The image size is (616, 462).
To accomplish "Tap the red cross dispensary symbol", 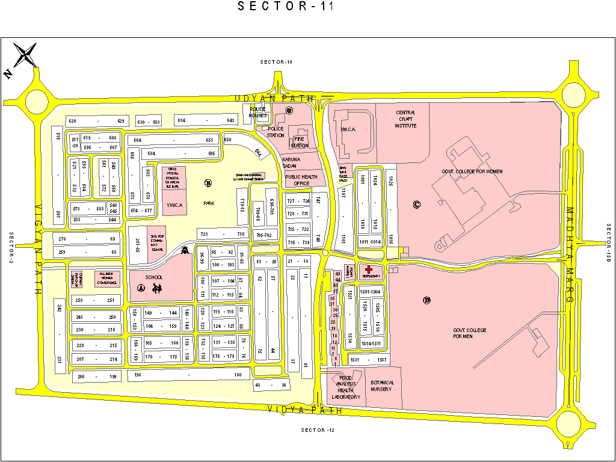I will click(x=368, y=270).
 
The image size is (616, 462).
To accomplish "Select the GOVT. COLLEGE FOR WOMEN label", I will click(x=472, y=171).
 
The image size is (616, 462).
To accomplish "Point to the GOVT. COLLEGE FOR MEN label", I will click(x=470, y=333).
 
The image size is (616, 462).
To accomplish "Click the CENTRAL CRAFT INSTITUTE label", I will click(x=405, y=119).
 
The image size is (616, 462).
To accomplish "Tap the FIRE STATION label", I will click(x=300, y=142).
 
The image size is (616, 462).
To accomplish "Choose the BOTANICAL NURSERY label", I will click(x=382, y=386).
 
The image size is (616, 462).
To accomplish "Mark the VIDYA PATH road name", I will click(x=305, y=410).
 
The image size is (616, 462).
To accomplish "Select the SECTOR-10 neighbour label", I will click(x=276, y=63).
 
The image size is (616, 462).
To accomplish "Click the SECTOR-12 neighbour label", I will click(x=317, y=430).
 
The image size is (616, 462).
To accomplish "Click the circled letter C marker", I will click(x=416, y=204).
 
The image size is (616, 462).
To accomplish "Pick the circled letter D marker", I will click(x=427, y=300).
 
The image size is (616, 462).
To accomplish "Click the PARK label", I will click(x=209, y=203).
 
